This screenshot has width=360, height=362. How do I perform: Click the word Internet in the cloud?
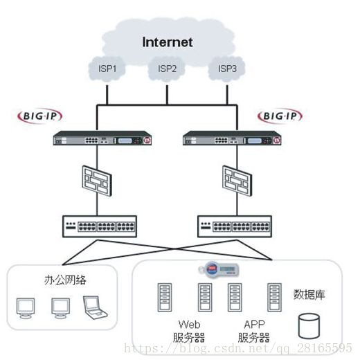point(167,42)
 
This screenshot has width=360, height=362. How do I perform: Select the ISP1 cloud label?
point(107,69)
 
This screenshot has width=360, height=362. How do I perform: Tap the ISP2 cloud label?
point(167,69)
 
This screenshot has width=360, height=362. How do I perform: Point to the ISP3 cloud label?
point(227,69)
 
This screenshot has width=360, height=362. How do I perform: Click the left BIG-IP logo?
point(40,116)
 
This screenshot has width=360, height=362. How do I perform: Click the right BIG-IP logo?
point(280,116)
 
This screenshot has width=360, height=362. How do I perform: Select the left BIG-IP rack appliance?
point(102,138)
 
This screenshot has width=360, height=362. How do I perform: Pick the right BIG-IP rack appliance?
point(232,138)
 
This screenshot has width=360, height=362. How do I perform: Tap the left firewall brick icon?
point(97,181)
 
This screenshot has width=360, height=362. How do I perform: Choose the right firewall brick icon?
point(237,181)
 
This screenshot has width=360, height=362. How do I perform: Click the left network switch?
point(100,226)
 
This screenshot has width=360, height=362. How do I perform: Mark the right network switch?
point(235,226)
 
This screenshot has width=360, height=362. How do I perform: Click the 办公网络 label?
point(65,280)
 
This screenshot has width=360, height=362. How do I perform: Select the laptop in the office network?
point(95,307)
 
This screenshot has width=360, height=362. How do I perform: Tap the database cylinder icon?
point(309,326)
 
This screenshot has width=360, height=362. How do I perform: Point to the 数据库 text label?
point(309,294)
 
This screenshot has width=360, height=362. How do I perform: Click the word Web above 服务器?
point(190,325)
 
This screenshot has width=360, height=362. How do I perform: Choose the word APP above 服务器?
point(255,325)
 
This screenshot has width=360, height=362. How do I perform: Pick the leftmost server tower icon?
point(165,298)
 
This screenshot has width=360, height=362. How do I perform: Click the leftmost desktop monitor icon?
point(26,309)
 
